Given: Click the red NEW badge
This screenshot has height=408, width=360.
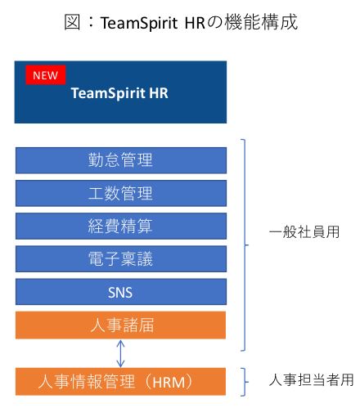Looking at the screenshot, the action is point(46,75).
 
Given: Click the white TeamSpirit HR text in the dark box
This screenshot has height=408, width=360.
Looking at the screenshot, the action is point(119,93).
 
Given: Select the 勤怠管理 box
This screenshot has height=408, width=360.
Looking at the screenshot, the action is point(121,160).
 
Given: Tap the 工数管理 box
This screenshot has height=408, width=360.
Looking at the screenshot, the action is point(121,193).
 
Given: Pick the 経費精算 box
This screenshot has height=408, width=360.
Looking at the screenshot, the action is point(121,226).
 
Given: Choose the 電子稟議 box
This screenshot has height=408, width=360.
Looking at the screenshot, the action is point(121,258).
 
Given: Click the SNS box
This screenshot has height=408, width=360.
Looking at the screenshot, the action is point(121,292).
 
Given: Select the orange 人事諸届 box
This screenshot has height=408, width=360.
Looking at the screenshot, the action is point(120,325).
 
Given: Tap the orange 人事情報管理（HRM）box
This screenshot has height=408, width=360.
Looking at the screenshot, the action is point(120,381).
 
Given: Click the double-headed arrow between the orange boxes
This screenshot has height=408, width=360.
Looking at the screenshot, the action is point(120,353).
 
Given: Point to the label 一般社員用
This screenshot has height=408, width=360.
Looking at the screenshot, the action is point(304,232).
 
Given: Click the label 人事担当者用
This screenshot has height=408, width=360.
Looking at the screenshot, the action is point(311,379).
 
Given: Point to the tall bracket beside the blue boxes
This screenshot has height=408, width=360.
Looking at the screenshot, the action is point(245,245).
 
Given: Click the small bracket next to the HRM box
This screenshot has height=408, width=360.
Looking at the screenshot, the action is point(245,382).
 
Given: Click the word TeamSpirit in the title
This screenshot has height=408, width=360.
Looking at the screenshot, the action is point(139,23).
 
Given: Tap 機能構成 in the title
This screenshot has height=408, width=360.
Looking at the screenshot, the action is point(261,22).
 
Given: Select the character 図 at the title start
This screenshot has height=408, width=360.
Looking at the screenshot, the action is point(72,22).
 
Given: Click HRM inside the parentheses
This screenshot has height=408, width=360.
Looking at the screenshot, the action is point(169,382).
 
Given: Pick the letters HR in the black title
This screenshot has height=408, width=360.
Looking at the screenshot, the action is point(195,23).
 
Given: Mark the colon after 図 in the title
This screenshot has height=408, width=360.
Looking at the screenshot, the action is point(91,22).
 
